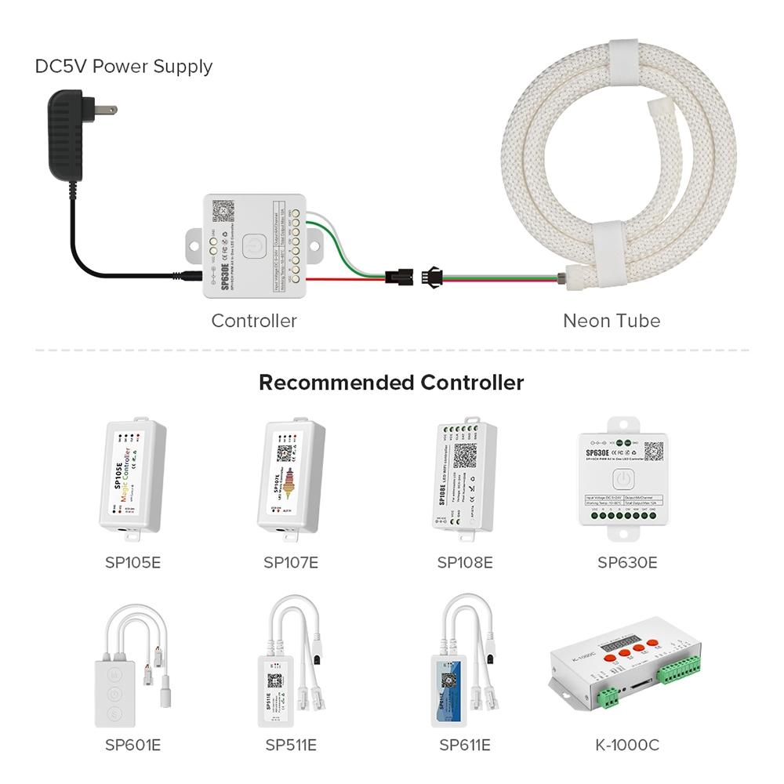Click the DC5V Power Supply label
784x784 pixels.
tap(124, 67)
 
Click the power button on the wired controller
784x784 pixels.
tap(251, 245)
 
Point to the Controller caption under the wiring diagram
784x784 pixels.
tap(254, 321)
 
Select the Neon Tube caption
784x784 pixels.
tap(612, 321)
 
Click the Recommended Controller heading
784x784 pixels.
tap(391, 383)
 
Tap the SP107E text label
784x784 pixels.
tap(291, 562)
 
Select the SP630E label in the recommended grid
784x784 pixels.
tap(627, 562)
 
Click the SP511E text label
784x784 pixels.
tap(291, 745)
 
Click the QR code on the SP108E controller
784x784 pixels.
tap(466, 456)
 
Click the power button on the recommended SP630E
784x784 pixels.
tap(622, 477)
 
